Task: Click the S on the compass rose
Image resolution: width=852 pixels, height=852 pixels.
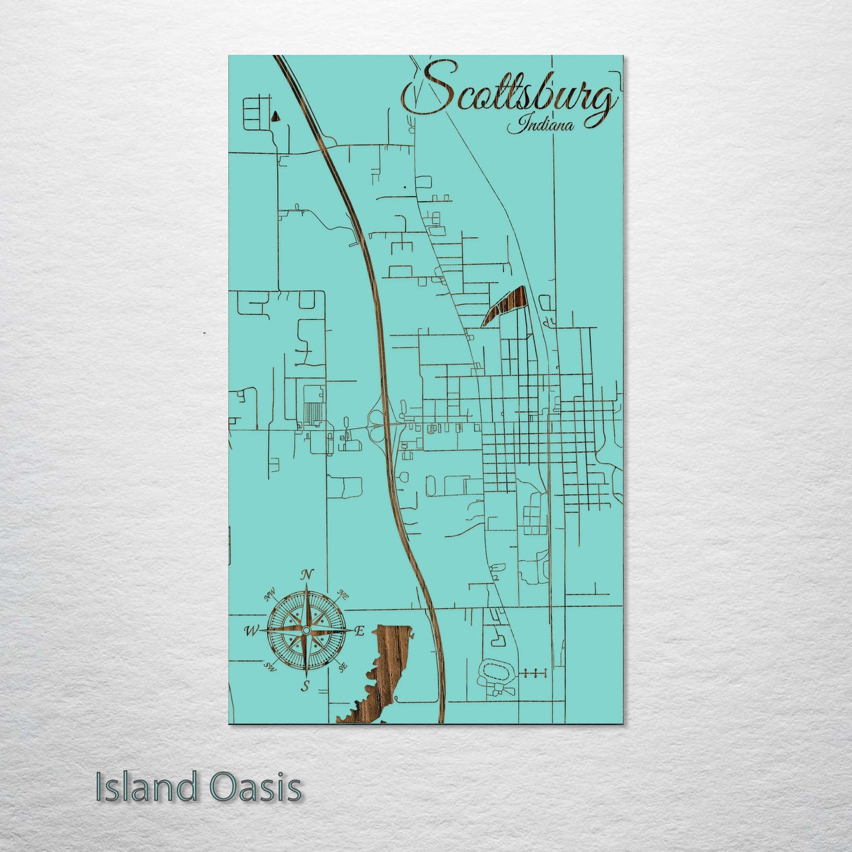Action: tap(305, 686)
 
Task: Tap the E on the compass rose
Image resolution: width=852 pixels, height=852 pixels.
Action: tap(359, 631)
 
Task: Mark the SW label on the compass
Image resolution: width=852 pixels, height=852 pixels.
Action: tap(271, 667)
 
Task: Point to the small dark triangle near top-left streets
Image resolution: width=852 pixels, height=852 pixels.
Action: tap(275, 116)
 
